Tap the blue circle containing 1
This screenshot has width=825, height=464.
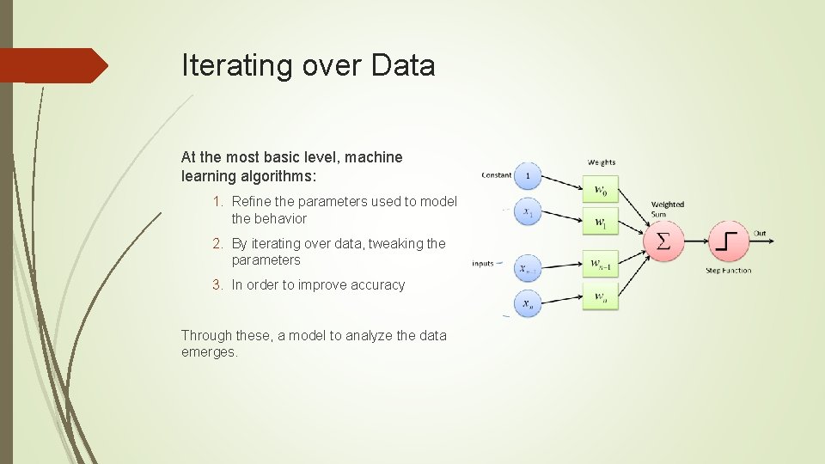pos(528,177)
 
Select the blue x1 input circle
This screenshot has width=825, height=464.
pos(528,212)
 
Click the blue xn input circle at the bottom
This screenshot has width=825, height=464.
pos(528,303)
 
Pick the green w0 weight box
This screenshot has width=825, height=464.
pos(601,190)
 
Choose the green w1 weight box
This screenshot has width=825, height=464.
pos(601,221)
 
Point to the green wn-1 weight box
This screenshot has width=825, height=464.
pos(601,266)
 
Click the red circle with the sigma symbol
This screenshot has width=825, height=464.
pos(663,242)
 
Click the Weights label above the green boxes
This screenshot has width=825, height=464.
pos(602,162)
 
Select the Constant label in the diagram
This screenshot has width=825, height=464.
pos(497,175)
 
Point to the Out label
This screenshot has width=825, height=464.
pos(760,233)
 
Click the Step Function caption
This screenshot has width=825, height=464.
pos(729,271)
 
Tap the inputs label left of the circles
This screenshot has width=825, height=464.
pos(483,264)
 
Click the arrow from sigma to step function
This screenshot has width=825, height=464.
pos(695,242)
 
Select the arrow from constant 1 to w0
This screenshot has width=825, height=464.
pos(563,183)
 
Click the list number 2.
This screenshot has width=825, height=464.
pos(219,244)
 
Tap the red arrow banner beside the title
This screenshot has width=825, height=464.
pos(52,65)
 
